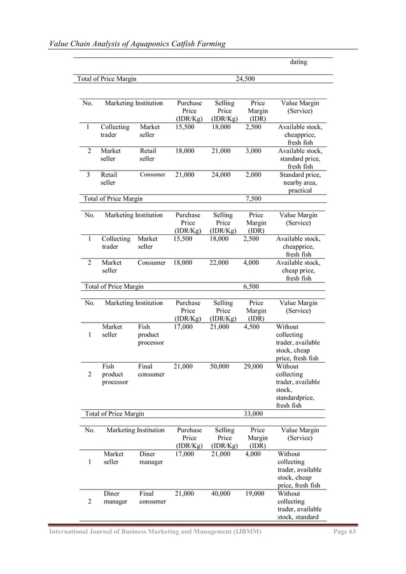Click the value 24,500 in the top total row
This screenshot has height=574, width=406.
pyautogui.click(x=246, y=79)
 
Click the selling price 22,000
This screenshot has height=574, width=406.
pyautogui.click(x=223, y=262)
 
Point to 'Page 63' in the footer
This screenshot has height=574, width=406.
pyautogui.click(x=346, y=531)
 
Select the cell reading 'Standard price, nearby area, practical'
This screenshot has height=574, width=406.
pyautogui.click(x=300, y=183)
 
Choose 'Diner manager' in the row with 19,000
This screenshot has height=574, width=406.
pyautogui.click(x=113, y=497)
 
